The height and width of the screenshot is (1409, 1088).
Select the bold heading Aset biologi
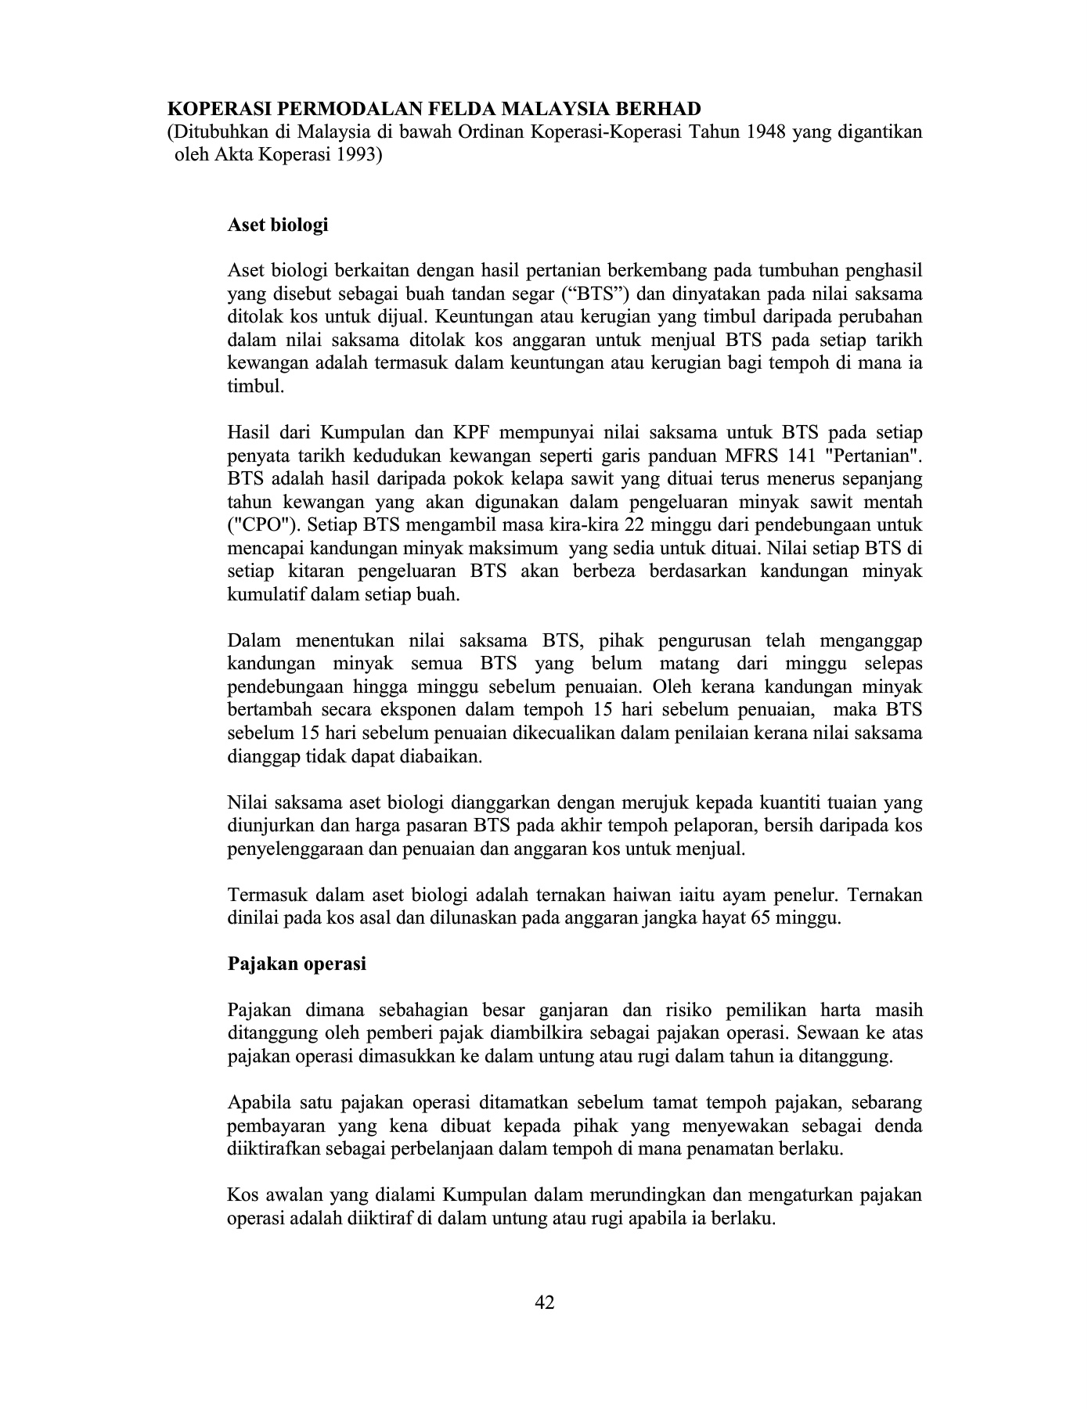(277, 225)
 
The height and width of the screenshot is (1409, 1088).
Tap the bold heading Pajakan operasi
(297, 964)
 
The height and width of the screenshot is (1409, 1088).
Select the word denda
(898, 1126)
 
